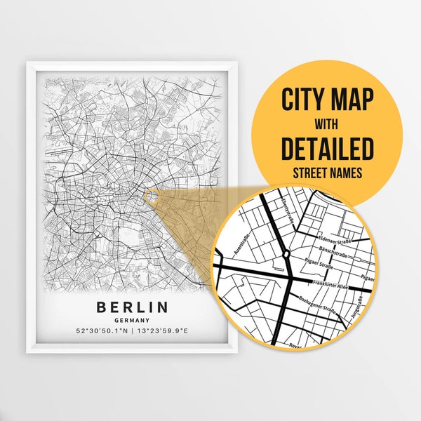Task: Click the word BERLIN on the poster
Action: (133, 307)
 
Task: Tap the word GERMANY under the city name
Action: (133, 319)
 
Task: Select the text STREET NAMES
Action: (327, 172)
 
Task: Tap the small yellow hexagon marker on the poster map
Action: (150, 197)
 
